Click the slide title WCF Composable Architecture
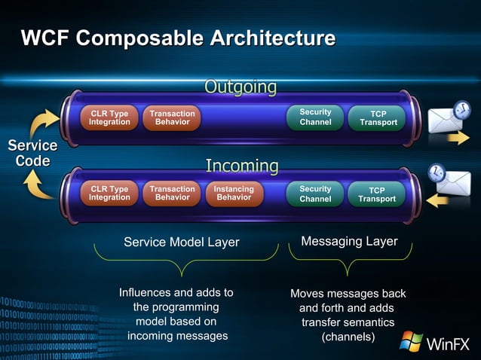(x=178, y=38)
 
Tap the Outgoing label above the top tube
(x=240, y=87)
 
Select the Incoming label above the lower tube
(x=242, y=165)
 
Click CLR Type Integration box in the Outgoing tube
(x=109, y=117)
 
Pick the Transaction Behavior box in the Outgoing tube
(x=172, y=117)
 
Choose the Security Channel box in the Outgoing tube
(x=315, y=117)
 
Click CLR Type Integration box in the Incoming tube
(x=109, y=194)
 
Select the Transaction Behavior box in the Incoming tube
(x=172, y=194)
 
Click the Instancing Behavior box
(x=234, y=194)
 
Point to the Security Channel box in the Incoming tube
(x=315, y=194)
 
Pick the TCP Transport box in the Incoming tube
(x=376, y=194)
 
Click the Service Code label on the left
(x=32, y=153)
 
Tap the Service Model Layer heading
(x=181, y=242)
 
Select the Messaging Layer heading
(x=349, y=241)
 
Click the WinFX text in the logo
(x=449, y=345)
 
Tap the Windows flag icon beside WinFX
(x=411, y=342)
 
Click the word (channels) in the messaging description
(x=348, y=337)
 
